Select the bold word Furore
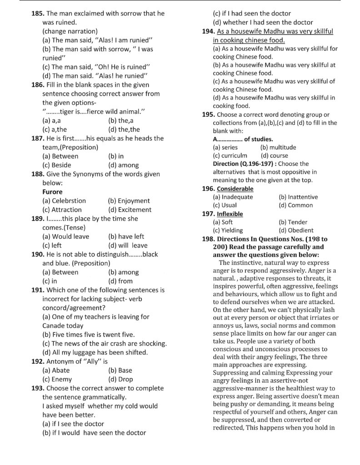52,192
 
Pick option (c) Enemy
57,379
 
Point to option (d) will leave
128,245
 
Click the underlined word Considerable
235,188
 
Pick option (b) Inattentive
298,197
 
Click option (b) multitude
278,147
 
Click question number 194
209,31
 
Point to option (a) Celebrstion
64,200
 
